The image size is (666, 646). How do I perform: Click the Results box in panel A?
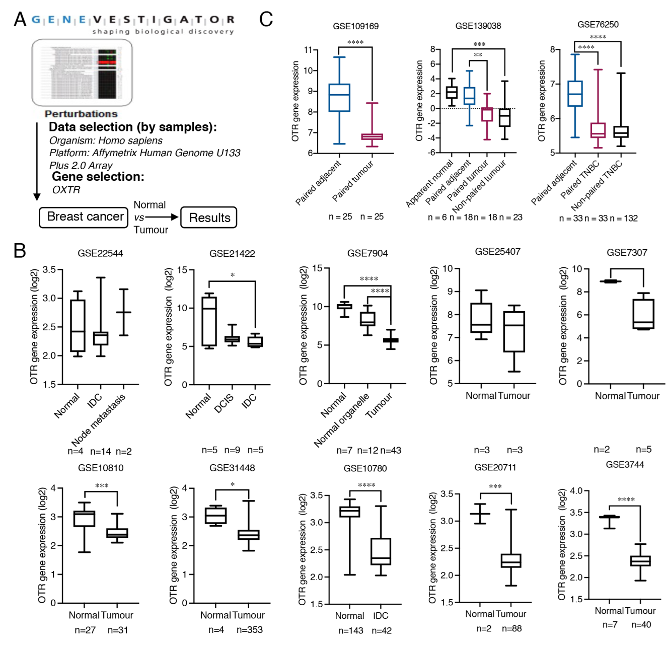click(208, 218)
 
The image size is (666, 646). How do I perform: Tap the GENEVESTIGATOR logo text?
click(133, 20)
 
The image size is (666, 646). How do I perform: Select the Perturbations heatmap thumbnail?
click(82, 73)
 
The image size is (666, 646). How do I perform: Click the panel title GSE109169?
click(355, 26)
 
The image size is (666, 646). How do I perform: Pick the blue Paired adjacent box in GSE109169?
click(339, 97)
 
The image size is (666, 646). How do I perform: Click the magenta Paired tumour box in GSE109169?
click(372, 136)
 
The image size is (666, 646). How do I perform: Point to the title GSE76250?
click(598, 25)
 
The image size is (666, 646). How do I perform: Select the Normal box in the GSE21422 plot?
click(209, 321)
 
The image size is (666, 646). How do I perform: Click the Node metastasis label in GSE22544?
click(99, 420)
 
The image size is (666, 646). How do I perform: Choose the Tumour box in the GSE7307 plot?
click(643, 314)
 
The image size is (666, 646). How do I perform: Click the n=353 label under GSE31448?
click(249, 629)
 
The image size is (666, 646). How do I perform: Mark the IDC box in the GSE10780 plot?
click(381, 551)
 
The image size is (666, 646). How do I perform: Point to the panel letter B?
click(20, 250)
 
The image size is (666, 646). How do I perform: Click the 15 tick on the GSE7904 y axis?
click(317, 268)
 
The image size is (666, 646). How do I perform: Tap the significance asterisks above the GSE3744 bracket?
click(626, 499)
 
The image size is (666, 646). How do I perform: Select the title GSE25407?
click(497, 251)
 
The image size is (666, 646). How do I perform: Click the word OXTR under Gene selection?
click(66, 190)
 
